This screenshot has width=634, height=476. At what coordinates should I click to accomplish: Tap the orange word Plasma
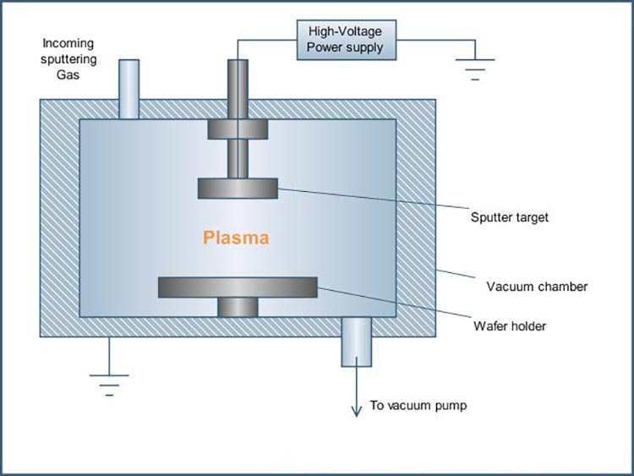pyautogui.click(x=236, y=238)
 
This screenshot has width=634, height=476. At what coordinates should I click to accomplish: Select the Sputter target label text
pyautogui.click(x=509, y=217)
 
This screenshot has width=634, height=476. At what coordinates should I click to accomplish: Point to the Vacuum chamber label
pyautogui.click(x=537, y=286)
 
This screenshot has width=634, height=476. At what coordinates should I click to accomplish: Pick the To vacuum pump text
pyautogui.click(x=418, y=406)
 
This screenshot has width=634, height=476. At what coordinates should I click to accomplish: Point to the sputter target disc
pyautogui.click(x=238, y=188)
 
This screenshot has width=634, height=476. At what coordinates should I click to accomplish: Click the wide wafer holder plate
pyautogui.click(x=238, y=287)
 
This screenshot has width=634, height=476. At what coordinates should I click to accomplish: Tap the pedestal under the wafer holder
pyautogui.click(x=238, y=307)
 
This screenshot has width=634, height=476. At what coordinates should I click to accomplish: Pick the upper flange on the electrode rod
pyautogui.click(x=238, y=129)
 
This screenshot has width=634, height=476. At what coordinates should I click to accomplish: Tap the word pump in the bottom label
pyautogui.click(x=450, y=406)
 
